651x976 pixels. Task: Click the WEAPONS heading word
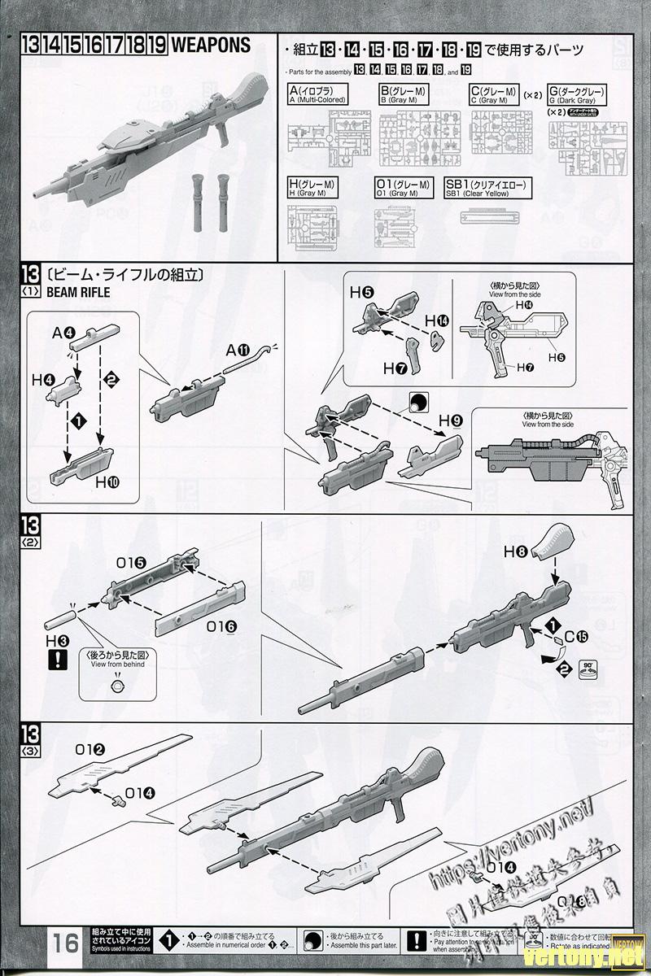pyautogui.click(x=211, y=46)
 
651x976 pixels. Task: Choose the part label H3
pyautogui.click(x=57, y=641)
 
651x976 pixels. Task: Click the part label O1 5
pyautogui.click(x=131, y=561)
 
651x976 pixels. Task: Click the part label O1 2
pyautogui.click(x=90, y=749)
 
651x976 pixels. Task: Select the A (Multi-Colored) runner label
pyautogui.click(x=317, y=94)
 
